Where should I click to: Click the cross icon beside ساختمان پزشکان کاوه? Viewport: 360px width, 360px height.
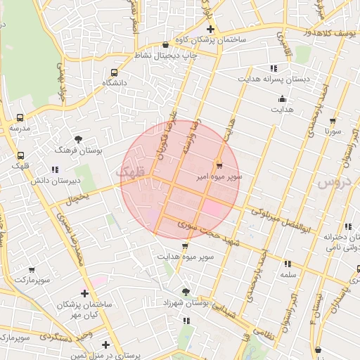tap(210, 29)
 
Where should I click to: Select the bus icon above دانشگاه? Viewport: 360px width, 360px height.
tap(115, 72)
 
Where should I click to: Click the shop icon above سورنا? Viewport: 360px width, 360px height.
tap(333, 121)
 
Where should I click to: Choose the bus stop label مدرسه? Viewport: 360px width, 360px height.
tap(20, 129)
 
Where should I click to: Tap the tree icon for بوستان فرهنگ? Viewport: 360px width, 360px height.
tap(78, 139)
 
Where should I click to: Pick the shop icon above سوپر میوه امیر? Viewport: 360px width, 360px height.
tap(219, 166)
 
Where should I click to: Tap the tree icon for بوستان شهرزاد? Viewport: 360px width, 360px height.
tap(186, 291)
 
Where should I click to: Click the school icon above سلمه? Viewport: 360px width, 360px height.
tap(288, 264)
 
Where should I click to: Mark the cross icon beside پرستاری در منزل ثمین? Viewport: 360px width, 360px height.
tap(105, 345)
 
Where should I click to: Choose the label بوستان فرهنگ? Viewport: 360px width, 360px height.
tap(79, 150)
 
